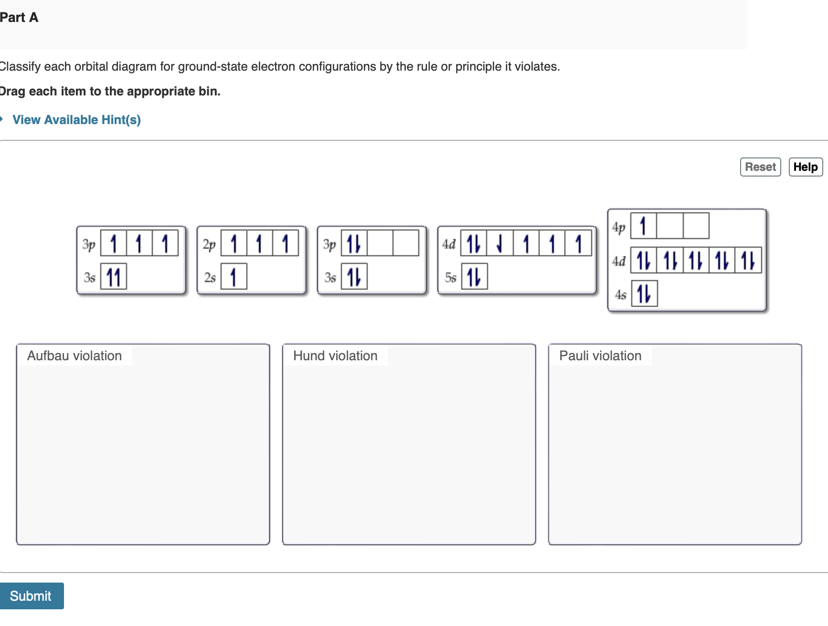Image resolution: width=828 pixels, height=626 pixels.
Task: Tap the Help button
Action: click(806, 167)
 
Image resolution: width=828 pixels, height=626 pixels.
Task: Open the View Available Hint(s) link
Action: click(76, 120)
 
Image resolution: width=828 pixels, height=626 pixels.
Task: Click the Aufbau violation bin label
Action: click(74, 356)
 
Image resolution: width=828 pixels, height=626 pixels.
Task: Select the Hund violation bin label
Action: click(335, 356)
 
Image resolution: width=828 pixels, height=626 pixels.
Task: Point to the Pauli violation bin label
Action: click(600, 356)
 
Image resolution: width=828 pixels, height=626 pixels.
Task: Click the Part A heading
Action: click(19, 18)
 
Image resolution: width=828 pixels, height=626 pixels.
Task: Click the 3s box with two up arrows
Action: click(114, 277)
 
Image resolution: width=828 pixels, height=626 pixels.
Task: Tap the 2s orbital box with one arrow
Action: click(234, 277)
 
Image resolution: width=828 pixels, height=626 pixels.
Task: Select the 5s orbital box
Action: click(475, 277)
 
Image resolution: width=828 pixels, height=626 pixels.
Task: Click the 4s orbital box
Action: click(644, 293)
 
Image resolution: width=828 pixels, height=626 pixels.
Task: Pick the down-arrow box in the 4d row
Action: click(500, 243)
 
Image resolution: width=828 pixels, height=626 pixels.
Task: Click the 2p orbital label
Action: click(209, 245)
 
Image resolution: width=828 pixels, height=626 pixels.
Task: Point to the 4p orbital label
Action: click(619, 227)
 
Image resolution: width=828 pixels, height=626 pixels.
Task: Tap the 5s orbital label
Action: click(450, 277)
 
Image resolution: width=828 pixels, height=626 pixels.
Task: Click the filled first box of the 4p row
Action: click(644, 226)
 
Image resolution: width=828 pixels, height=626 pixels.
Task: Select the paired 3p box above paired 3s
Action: click(354, 243)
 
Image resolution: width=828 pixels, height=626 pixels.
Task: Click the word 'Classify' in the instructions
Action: click(20, 66)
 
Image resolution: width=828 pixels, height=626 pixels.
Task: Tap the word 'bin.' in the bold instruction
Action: click(210, 91)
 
